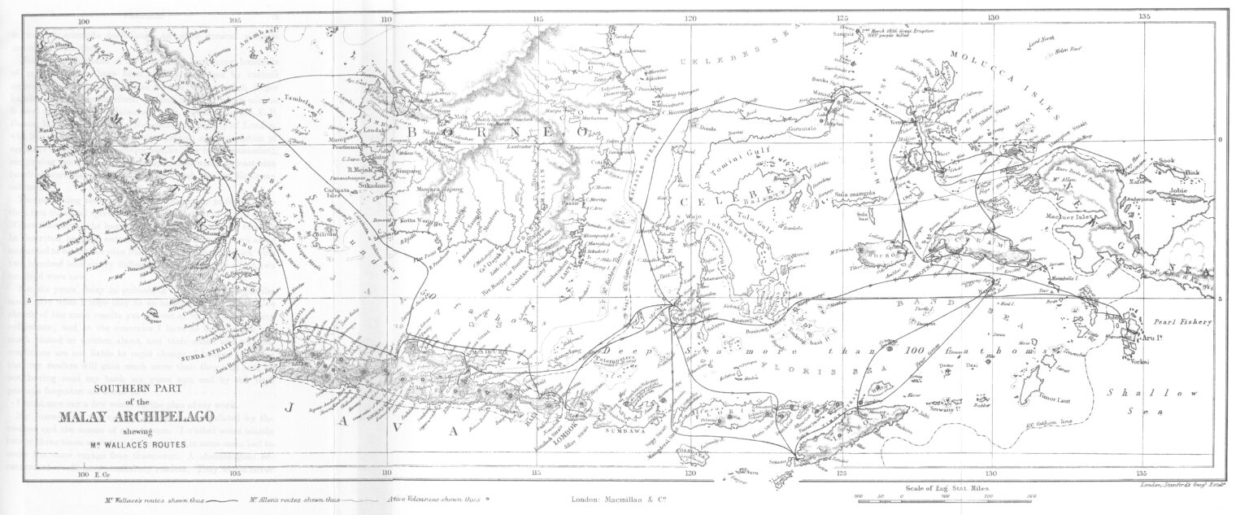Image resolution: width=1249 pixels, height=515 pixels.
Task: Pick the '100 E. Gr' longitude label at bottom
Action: (x=85, y=474)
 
